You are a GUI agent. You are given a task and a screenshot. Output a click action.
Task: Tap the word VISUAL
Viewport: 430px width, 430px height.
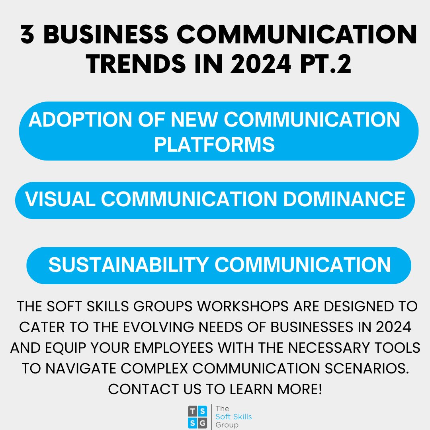coord(60,199)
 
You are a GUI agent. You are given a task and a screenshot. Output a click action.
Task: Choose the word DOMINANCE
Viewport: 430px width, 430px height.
coord(344,199)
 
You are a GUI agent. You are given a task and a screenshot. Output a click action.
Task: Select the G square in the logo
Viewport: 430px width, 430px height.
coord(203,423)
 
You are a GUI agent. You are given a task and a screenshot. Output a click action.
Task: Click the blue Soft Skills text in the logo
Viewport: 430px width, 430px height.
coord(233,417)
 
